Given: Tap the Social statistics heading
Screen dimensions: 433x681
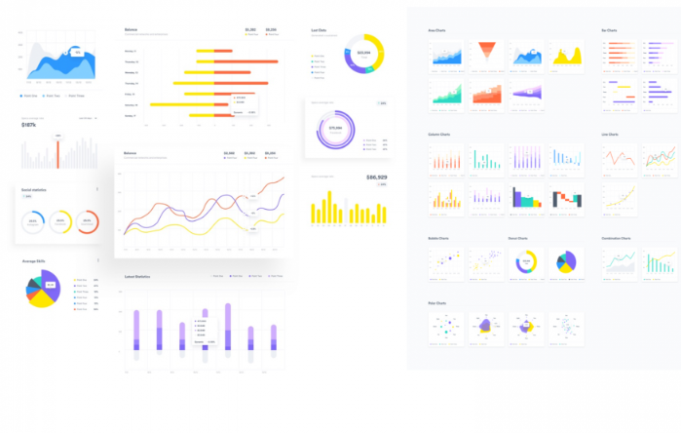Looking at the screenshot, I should coord(34,190).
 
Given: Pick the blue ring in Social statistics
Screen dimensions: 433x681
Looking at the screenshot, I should coord(31,222).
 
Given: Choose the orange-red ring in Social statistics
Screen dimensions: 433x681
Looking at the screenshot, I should coord(87,222).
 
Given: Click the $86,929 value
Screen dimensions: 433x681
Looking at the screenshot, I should coord(376,177).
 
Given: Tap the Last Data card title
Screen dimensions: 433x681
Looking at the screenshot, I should coord(319,30).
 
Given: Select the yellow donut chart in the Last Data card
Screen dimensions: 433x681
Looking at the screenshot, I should coord(363,54).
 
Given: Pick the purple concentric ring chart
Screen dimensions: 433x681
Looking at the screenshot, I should coord(335,129).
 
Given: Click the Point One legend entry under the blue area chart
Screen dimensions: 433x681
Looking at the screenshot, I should coord(29,96).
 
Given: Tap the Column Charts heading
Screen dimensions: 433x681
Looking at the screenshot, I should coord(439,135).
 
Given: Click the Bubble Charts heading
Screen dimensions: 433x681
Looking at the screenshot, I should coord(438,238).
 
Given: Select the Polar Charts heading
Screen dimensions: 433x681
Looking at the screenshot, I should coord(436,303).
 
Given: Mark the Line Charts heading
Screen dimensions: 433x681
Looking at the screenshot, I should coord(611,135).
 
